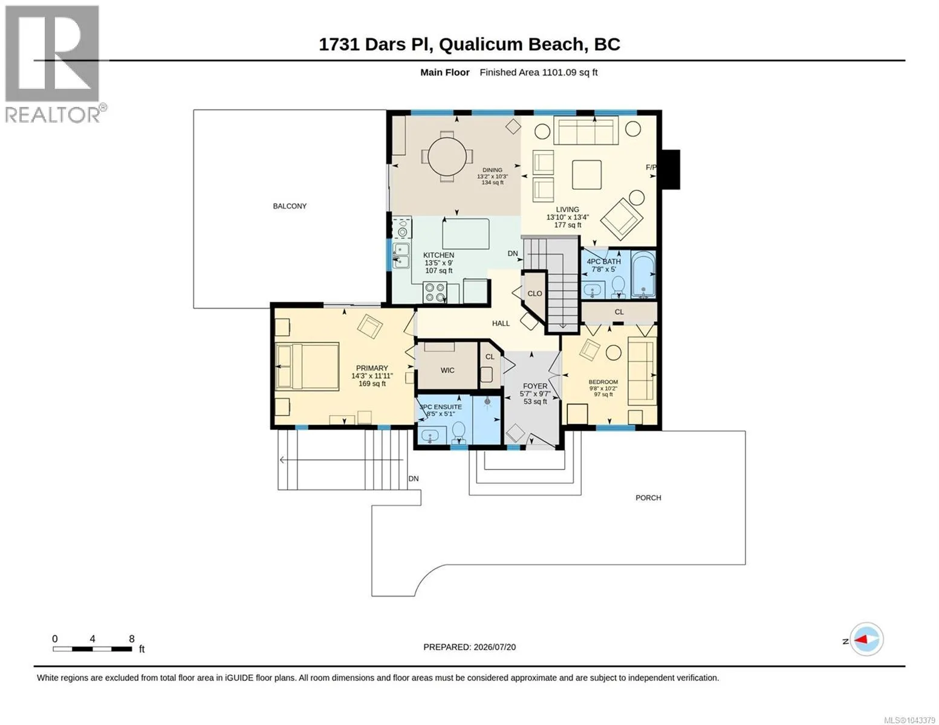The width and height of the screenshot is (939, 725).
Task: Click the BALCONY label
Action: pyautogui.click(x=290, y=207)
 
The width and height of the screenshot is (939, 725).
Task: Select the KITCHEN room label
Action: pyautogui.click(x=438, y=255)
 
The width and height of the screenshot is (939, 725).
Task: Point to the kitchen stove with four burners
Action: pyautogui.click(x=435, y=292)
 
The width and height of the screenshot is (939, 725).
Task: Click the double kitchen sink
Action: pyautogui.click(x=401, y=256)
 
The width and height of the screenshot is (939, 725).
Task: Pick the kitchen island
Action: pyautogui.click(x=466, y=234)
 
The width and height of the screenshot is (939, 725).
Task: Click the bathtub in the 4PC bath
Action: pyautogui.click(x=643, y=274)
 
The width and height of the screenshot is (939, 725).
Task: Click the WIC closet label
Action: pyautogui.click(x=447, y=370)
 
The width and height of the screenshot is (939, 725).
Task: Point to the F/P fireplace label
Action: pyautogui.click(x=651, y=167)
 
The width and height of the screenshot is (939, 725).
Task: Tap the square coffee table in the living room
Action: pyautogui.click(x=586, y=175)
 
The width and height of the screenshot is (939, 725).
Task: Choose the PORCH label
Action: pyautogui.click(x=648, y=498)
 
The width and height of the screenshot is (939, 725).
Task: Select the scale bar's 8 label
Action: pyautogui.click(x=132, y=639)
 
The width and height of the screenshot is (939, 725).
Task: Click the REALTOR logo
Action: pyautogui.click(x=54, y=64)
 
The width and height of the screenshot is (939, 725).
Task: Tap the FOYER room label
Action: pyautogui.click(x=535, y=387)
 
